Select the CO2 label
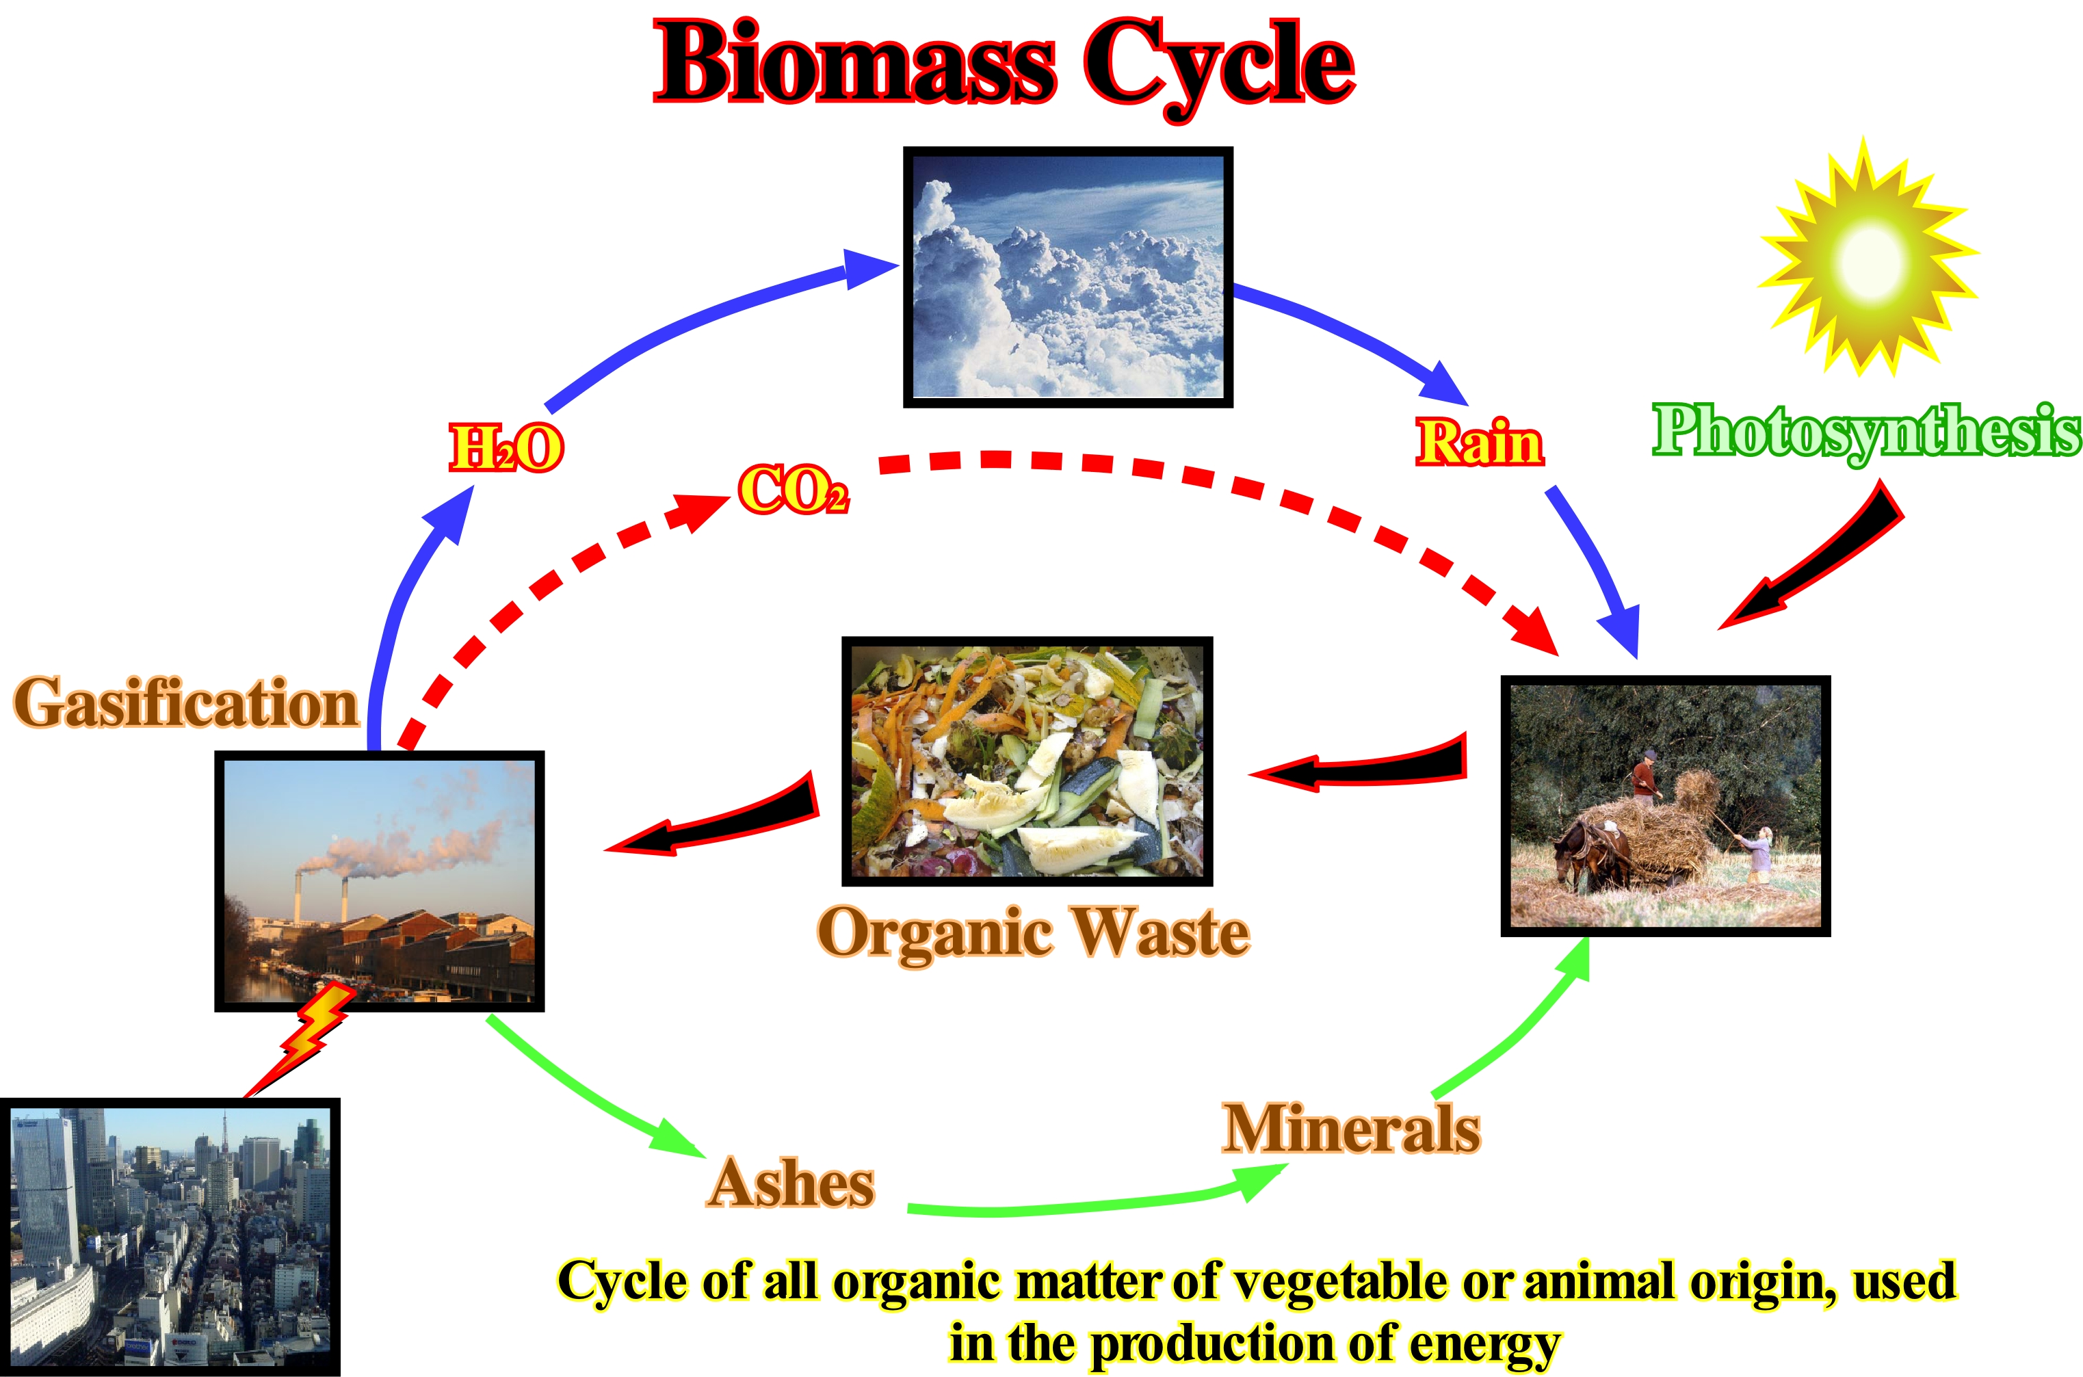(794, 489)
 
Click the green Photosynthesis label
(1867, 432)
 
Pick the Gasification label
(186, 703)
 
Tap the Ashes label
(790, 1183)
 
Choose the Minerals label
(1352, 1129)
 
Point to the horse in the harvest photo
(1591, 854)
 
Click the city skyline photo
(170, 1237)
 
